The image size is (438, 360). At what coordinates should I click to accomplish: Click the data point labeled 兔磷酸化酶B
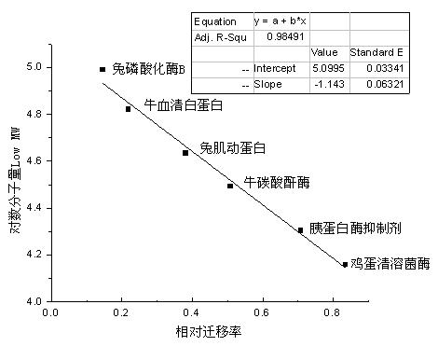tap(103, 69)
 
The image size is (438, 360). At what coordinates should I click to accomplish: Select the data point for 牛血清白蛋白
tap(129, 109)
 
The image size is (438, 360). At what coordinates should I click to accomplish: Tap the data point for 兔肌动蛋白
tap(185, 152)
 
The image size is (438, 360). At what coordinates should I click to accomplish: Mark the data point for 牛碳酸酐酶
tap(230, 186)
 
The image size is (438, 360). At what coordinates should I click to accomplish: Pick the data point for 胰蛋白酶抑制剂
tap(300, 229)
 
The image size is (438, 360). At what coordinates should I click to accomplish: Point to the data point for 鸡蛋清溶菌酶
tap(345, 265)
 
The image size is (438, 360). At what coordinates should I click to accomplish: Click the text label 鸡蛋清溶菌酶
tap(390, 265)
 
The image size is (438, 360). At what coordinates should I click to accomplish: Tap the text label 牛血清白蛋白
tap(184, 104)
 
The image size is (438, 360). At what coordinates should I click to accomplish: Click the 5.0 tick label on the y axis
tap(34, 67)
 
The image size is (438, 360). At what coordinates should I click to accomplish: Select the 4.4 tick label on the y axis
tap(34, 208)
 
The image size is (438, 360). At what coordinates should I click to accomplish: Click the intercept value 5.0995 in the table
tap(325, 68)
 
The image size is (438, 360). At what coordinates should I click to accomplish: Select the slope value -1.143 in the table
tap(325, 85)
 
